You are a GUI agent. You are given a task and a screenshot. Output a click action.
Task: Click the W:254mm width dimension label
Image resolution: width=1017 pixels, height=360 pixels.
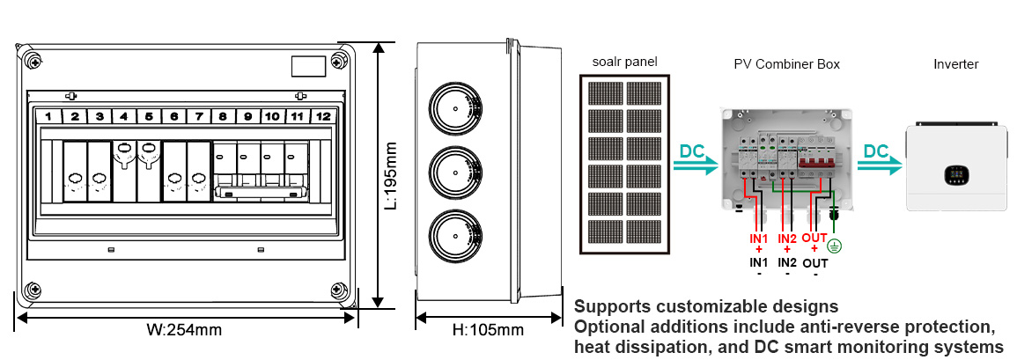[184, 332]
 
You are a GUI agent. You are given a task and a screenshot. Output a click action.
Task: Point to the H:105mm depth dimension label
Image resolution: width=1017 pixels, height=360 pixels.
[488, 331]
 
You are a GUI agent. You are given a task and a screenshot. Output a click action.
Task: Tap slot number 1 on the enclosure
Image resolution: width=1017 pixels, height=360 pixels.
[50, 116]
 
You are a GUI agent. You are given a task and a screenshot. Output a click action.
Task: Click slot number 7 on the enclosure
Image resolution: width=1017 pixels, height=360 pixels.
[199, 116]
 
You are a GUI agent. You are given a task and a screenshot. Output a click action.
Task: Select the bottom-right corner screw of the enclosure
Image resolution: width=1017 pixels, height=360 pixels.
[338, 290]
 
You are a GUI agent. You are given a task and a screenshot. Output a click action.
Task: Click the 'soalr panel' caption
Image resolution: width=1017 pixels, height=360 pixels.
[626, 62]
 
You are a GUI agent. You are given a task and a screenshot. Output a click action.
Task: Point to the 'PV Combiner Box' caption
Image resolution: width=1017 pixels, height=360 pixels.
[786, 64]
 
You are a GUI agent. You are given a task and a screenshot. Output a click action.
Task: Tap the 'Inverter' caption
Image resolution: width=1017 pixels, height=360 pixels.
[955, 64]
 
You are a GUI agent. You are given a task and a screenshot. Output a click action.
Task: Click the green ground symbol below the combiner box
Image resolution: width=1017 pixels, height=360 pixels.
[835, 246]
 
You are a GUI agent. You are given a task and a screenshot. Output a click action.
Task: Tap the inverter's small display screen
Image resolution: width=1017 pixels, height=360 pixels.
[953, 175]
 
